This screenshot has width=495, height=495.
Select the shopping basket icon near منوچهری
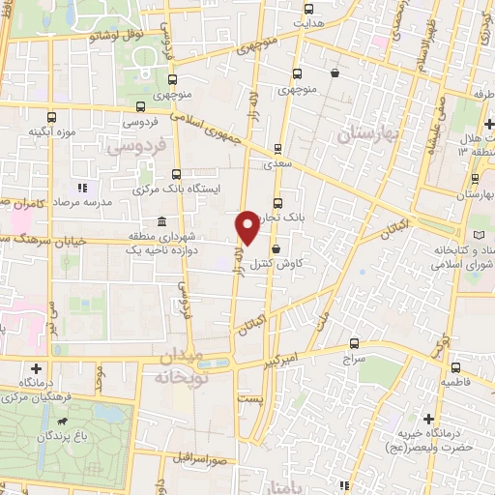334,73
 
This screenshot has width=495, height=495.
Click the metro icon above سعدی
278,149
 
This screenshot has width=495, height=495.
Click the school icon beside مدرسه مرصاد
82,188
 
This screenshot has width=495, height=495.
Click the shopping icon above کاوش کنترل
277,248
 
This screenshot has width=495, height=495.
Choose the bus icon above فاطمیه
455,367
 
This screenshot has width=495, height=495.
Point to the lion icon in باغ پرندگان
64,422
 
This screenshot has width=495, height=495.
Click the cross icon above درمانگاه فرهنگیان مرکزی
37,368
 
